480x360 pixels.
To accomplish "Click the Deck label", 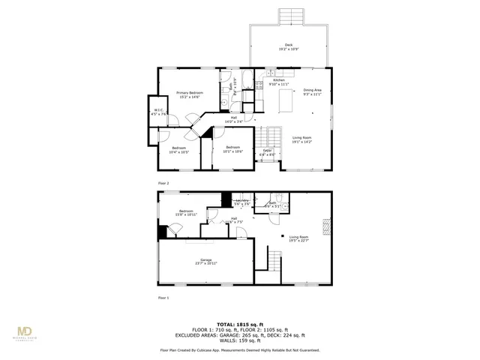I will pyautogui.click(x=289, y=45).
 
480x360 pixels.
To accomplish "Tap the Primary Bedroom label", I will pyautogui.click(x=190, y=92).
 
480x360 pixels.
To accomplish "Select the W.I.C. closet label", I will pyautogui.click(x=158, y=111).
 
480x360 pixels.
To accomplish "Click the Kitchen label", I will pyautogui.click(x=278, y=79).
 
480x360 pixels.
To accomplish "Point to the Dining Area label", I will pyautogui.click(x=313, y=90).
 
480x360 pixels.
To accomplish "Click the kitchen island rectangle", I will pyautogui.click(x=286, y=100).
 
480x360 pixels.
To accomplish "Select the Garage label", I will pyautogui.click(x=205, y=259).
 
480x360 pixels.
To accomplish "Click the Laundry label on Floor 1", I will pyautogui.click(x=241, y=201).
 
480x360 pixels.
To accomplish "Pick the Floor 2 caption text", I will pyautogui.click(x=163, y=183).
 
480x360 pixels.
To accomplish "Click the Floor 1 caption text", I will pyautogui.click(x=163, y=298).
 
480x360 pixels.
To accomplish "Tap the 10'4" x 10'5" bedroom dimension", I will pyautogui.click(x=179, y=152).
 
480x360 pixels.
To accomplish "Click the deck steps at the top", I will pyautogui.click(x=289, y=16).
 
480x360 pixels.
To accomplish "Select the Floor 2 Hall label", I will pyautogui.click(x=233, y=118).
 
